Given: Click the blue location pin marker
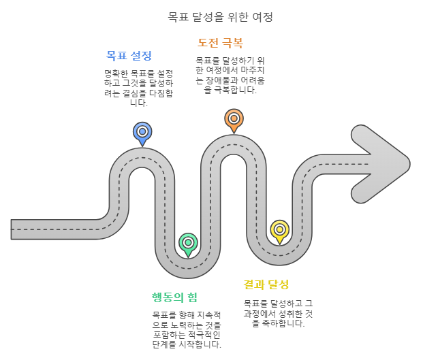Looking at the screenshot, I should click(142, 132).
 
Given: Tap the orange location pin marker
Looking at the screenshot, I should click(234, 118).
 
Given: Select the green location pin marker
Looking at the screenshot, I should click(188, 243).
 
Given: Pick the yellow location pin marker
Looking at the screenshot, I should click(279, 229).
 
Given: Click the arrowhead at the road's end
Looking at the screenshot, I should click(381, 163).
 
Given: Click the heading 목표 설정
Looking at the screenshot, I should click(129, 55).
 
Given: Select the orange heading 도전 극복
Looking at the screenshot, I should click(219, 43).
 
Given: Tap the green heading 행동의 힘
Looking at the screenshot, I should click(174, 297).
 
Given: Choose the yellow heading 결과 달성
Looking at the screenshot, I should click(266, 284).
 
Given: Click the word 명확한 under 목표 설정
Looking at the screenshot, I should click(118, 73).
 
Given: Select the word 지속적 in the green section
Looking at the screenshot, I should click(208, 315).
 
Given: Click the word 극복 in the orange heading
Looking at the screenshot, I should click(232, 43).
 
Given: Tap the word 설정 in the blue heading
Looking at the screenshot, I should click(140, 55).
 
